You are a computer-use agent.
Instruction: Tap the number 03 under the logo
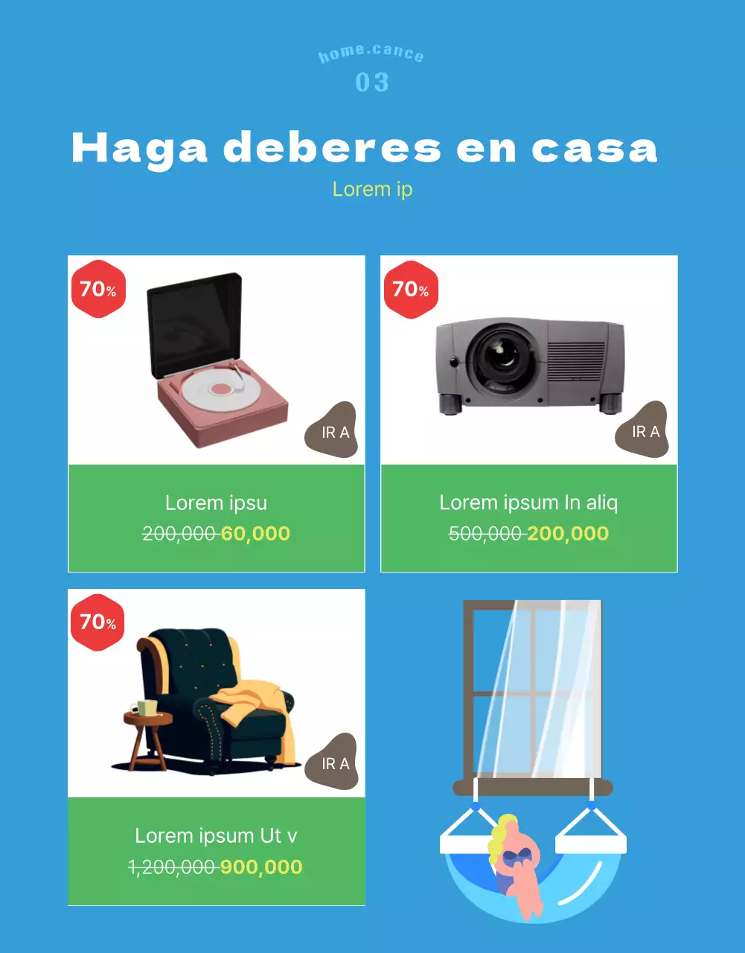coord(372,82)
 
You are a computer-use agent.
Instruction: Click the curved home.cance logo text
coord(371,54)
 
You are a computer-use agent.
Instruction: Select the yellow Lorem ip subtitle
coord(372,189)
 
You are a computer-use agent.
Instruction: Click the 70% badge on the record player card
coord(98,289)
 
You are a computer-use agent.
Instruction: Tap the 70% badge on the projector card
coord(411,289)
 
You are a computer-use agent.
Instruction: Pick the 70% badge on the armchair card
coord(97,622)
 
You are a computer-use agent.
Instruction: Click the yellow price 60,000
coord(255,534)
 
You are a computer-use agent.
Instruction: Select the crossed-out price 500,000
coord(485,534)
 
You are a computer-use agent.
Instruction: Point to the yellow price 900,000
coord(261,867)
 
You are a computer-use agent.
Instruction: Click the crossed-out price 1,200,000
coord(172,867)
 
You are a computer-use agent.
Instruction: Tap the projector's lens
coord(504,357)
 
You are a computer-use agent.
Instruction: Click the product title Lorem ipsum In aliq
coord(529,503)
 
